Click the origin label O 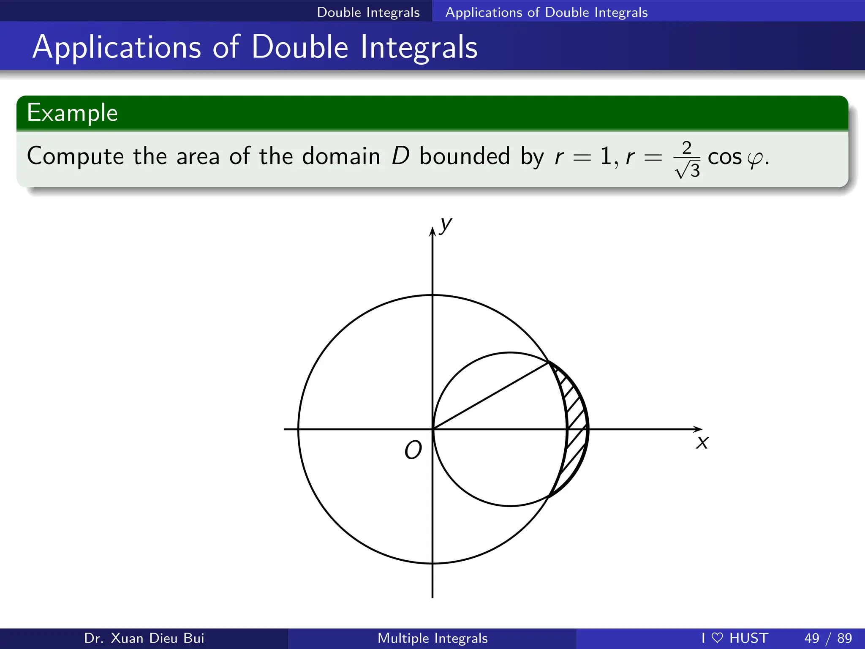click(x=413, y=450)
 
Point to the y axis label click(x=446, y=225)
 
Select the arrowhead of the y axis click(x=432, y=232)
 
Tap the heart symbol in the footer click(x=717, y=638)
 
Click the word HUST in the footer click(x=748, y=638)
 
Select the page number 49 click(x=812, y=638)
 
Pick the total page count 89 click(x=844, y=638)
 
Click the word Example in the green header click(x=72, y=113)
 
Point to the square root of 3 click(x=688, y=171)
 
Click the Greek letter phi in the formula click(x=755, y=159)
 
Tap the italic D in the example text click(x=400, y=156)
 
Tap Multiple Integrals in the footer click(x=432, y=638)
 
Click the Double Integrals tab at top click(x=368, y=12)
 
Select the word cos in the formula click(x=724, y=158)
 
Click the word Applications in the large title click(x=117, y=47)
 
